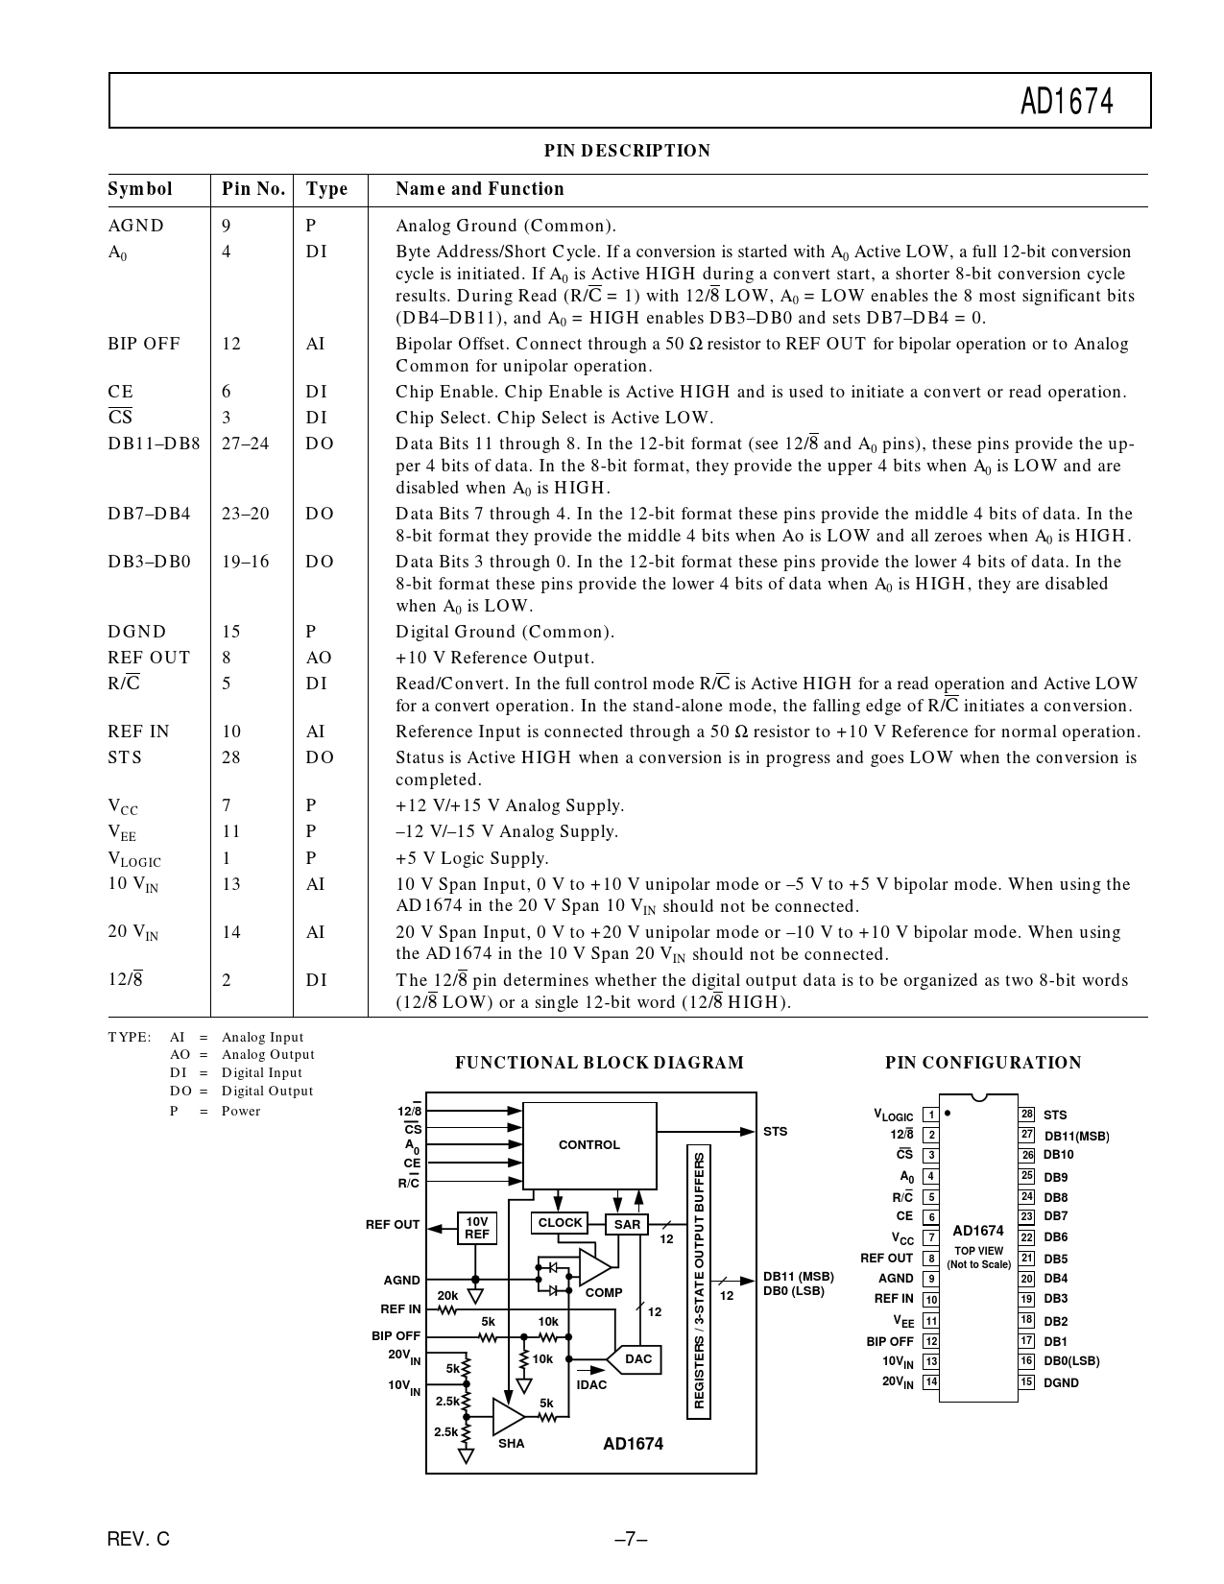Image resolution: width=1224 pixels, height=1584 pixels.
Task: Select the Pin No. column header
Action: (253, 189)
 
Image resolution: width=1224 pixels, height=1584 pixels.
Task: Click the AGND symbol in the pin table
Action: (136, 226)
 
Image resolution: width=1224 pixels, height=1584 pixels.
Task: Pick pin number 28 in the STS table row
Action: (231, 757)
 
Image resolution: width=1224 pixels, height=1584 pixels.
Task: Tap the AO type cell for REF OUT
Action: (319, 658)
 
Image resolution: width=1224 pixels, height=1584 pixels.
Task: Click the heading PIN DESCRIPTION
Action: (627, 151)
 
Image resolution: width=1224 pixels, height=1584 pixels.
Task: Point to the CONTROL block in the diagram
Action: (588, 1144)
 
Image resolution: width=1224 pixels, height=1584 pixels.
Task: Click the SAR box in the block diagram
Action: (627, 1224)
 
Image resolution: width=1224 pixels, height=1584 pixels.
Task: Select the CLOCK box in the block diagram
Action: (560, 1223)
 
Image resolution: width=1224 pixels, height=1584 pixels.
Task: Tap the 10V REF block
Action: (476, 1228)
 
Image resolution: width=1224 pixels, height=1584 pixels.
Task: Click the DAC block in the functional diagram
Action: (638, 1358)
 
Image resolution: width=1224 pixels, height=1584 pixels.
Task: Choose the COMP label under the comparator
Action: (604, 1292)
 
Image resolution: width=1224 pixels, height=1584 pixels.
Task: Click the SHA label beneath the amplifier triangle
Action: (512, 1443)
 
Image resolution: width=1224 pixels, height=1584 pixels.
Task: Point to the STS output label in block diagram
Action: (775, 1131)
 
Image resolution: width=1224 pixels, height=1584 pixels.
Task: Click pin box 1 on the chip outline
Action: (930, 1115)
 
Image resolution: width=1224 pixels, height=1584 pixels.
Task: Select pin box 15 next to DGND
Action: (1026, 1382)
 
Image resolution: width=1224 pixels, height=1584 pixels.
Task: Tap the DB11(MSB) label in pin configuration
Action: (1076, 1136)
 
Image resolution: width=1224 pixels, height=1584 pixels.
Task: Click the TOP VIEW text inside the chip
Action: (978, 1251)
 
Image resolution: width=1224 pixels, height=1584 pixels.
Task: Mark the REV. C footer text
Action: (139, 1539)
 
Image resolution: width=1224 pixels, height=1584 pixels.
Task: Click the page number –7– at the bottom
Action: (631, 1539)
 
